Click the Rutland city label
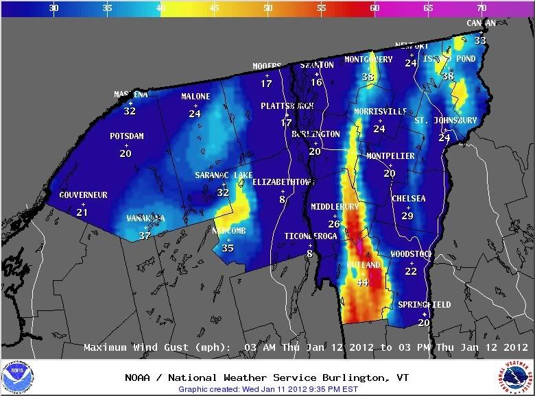coord(363,265)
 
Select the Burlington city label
coord(316,134)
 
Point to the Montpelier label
coord(390,156)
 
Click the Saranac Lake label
coord(224,175)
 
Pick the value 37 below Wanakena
coord(145,236)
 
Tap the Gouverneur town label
coord(83,195)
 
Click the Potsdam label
coord(126,136)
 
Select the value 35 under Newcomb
coord(228,248)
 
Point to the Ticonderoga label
coord(311,236)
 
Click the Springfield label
coord(425,305)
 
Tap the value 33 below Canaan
coord(481,41)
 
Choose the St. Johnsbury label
coord(445,121)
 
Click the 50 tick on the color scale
coord(267,8)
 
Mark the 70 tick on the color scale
coord(481,8)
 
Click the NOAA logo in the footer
coord(18,378)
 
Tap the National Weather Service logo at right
coord(516,378)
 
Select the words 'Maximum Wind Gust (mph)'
coord(160,347)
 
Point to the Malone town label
coord(195,97)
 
